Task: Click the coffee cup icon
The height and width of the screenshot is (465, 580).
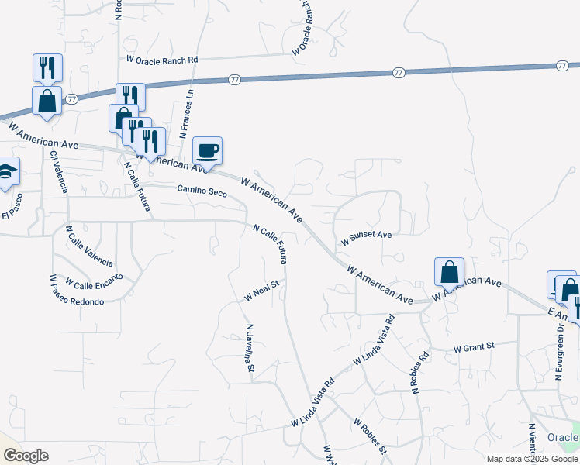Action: click(207, 150)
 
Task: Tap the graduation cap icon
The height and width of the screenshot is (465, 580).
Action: click(6, 173)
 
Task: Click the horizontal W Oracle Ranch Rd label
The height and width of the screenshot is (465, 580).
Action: click(162, 60)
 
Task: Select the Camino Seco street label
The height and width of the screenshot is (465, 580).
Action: click(202, 191)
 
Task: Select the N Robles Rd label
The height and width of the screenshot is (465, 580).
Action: click(421, 374)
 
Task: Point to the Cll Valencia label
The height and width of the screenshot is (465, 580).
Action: click(59, 171)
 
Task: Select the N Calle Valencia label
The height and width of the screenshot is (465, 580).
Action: click(89, 246)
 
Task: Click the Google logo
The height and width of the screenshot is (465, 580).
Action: click(26, 456)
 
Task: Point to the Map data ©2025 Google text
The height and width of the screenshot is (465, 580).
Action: click(532, 459)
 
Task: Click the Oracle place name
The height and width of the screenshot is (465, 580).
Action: click(563, 438)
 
